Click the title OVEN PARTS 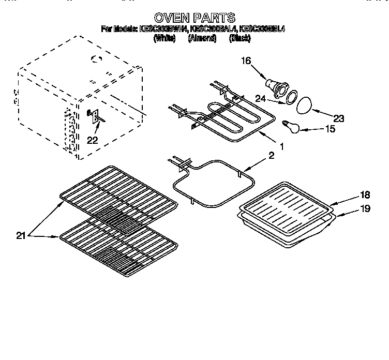(x=194, y=18)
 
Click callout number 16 (x=246, y=61)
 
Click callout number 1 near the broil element (x=281, y=147)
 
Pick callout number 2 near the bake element (x=272, y=155)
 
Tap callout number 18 (x=350, y=196)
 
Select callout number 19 (x=350, y=208)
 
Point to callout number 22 (x=92, y=140)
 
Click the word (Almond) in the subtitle (x=202, y=39)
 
